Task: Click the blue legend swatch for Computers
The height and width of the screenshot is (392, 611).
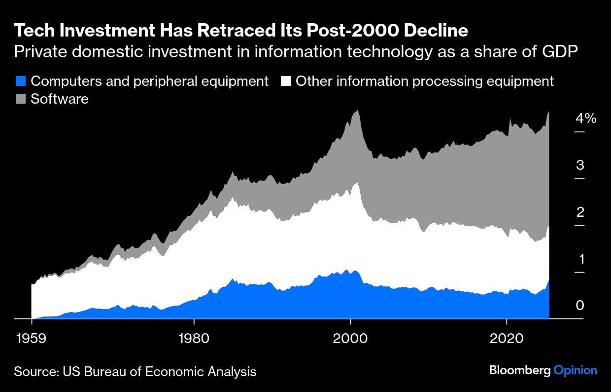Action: point(20,81)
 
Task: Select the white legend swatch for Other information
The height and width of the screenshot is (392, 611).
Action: point(285,81)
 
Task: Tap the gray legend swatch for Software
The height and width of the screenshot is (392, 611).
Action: point(20,99)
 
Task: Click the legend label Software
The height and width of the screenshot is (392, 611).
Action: point(60,99)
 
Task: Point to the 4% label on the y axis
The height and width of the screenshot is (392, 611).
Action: point(585,118)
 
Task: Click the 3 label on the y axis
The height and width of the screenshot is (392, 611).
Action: point(580,165)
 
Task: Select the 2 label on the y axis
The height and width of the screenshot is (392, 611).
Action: point(580,212)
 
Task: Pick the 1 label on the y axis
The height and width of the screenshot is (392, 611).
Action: point(580,259)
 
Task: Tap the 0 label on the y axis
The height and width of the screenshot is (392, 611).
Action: point(580,306)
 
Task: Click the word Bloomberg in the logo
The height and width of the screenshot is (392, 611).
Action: point(519,370)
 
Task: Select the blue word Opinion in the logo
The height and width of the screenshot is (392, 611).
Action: point(575,371)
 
